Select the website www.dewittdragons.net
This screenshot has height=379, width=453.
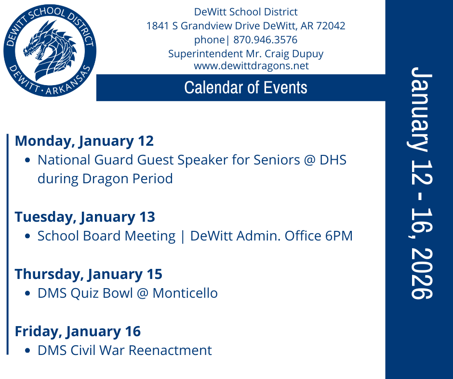point(251,66)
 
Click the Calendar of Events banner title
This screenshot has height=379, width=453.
point(246,88)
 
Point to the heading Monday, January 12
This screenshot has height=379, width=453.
point(84,141)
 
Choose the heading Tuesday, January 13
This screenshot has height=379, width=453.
point(85,217)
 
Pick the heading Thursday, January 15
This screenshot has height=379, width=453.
point(89,274)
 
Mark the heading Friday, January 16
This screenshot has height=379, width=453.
point(78,331)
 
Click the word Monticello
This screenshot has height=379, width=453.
point(185,293)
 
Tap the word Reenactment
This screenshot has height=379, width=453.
point(175,350)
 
